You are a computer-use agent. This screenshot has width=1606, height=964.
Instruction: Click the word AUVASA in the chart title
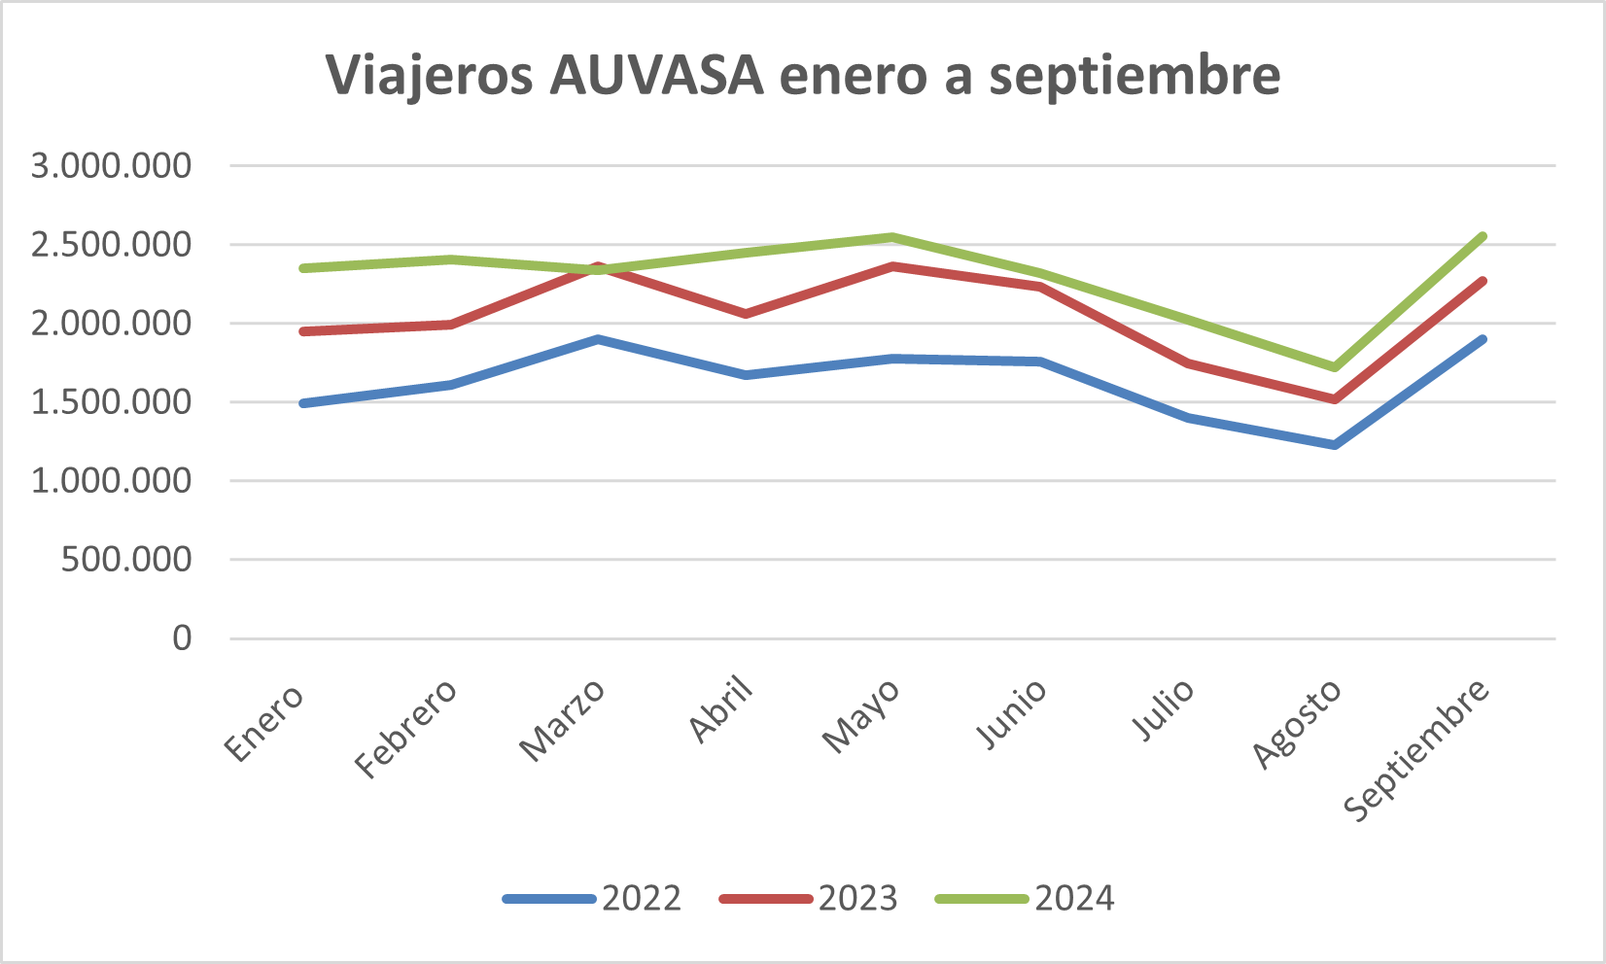coord(656,76)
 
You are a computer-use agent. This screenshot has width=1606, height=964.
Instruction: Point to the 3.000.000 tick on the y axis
coord(112,166)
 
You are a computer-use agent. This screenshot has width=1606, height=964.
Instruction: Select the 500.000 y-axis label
coord(126,560)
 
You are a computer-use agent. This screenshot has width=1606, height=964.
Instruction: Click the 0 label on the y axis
coord(182,638)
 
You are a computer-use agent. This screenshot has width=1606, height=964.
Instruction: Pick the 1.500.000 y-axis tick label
coord(112,402)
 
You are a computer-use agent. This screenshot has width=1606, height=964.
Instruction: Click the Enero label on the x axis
coord(264,722)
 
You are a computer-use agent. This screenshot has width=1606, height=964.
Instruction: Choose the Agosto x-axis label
coord(1297,724)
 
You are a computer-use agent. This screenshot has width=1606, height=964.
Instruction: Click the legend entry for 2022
coord(593,899)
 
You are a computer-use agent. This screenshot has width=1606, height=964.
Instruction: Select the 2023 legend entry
coord(809,899)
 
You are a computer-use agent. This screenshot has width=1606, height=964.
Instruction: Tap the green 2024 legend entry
coord(1026,899)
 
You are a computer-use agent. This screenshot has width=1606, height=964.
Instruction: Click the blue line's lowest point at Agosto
coord(1335,445)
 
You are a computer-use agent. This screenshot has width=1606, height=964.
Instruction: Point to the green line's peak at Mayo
coord(892,236)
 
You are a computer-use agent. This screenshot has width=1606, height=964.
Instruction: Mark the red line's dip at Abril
coord(745,314)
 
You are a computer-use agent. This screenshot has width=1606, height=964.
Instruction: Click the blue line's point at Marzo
coord(598,339)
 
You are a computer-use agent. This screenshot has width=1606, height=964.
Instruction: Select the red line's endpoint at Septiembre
coord(1484,281)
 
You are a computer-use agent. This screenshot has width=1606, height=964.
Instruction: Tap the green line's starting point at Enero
coord(303,268)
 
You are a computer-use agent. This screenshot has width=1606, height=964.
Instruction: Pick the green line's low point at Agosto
coord(1335,367)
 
